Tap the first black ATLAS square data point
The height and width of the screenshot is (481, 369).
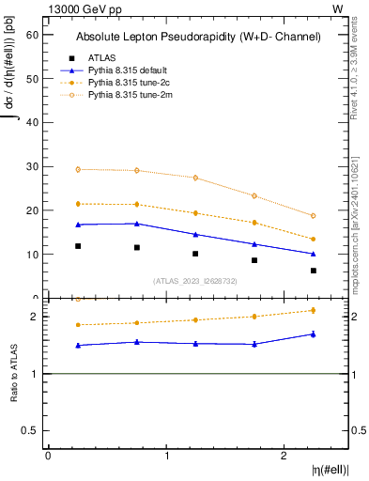pos(78,246)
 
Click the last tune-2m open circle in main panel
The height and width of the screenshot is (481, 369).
pos(314,216)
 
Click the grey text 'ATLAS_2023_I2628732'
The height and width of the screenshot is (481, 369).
pos(195,280)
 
